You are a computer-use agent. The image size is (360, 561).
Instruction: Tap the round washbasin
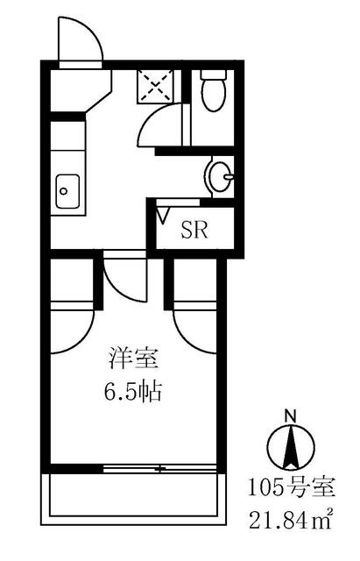click(x=219, y=176)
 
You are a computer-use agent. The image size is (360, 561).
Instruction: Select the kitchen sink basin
click(x=67, y=191)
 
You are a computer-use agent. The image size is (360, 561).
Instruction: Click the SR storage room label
click(x=194, y=230)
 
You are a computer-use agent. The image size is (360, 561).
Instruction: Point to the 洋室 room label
click(x=133, y=359)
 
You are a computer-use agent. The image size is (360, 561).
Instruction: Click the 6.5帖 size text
click(x=133, y=391)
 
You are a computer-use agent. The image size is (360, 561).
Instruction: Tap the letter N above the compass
click(x=291, y=416)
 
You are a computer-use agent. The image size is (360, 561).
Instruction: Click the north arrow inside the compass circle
click(x=292, y=447)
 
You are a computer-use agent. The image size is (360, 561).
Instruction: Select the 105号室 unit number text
click(x=292, y=487)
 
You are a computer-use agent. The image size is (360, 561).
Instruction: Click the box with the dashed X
click(x=156, y=86)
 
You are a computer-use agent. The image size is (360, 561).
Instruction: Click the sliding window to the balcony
click(x=159, y=468)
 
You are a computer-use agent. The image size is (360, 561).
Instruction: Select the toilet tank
click(x=213, y=75)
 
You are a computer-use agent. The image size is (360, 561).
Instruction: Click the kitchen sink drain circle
click(x=64, y=191)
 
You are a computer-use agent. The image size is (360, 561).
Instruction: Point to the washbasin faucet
click(x=229, y=176)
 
